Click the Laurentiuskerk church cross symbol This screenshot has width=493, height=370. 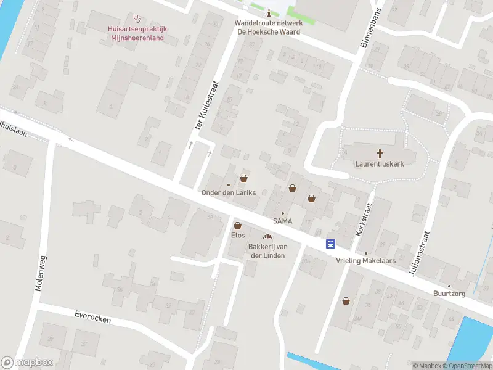click(x=380, y=154)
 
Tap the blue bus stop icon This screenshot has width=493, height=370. click(x=331, y=244)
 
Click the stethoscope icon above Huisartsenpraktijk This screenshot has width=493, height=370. click(x=137, y=18)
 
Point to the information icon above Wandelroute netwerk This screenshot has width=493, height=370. click(x=269, y=13)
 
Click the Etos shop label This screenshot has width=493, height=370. click(x=238, y=236)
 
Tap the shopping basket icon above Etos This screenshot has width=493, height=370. click(x=237, y=226)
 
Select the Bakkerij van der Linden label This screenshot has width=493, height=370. click(x=266, y=251)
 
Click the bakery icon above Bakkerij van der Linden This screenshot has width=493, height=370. click(x=267, y=236)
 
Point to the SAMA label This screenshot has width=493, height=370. click(x=283, y=221)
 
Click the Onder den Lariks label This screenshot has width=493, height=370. click(x=229, y=192)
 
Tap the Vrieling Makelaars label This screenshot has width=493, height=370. click(x=365, y=261)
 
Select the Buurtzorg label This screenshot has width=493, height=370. click(x=448, y=294)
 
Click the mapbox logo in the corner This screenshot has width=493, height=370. click(x=27, y=363)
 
